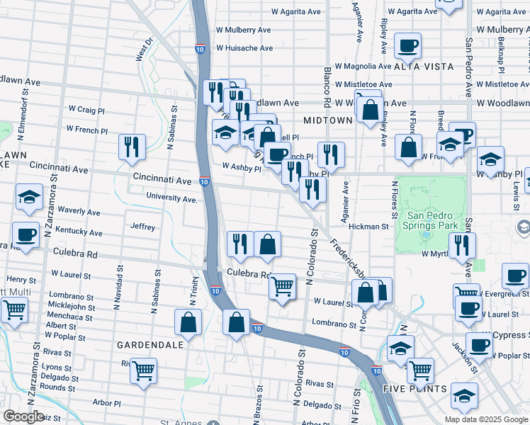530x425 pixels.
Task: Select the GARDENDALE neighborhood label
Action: click(150, 344)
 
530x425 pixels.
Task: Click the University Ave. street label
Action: click(171, 198)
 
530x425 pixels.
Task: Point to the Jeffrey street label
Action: click(142, 227)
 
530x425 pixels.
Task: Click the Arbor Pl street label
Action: click(106, 402)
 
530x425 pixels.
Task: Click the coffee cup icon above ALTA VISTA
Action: click(408, 45)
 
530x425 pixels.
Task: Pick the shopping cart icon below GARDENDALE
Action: click(144, 370)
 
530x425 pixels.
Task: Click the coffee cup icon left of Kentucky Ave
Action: click(26, 234)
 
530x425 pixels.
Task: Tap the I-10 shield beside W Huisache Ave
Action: click(200, 48)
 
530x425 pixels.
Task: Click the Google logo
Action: click(23, 416)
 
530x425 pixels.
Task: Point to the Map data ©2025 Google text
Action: click(486, 419)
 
